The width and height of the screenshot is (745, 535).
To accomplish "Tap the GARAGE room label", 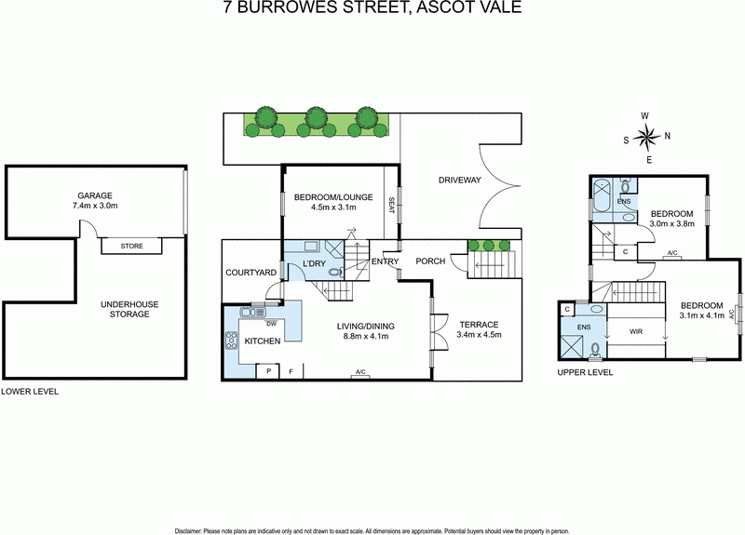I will pyautogui.click(x=94, y=195).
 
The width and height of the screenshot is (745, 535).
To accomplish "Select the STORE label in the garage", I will pyautogui.click(x=131, y=247).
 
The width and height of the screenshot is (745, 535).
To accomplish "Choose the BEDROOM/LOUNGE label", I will pyautogui.click(x=332, y=197).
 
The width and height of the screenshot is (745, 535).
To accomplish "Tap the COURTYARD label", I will pyautogui.click(x=251, y=273).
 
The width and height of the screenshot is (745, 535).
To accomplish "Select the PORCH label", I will pyautogui.click(x=429, y=261).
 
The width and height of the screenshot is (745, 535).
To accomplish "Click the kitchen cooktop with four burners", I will pyautogui.click(x=232, y=341).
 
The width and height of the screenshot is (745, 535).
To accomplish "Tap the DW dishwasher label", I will pyautogui.click(x=270, y=324).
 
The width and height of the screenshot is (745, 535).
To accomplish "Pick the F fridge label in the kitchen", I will pyautogui.click(x=291, y=371).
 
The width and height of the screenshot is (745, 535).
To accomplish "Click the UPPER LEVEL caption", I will pyautogui.click(x=585, y=372).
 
